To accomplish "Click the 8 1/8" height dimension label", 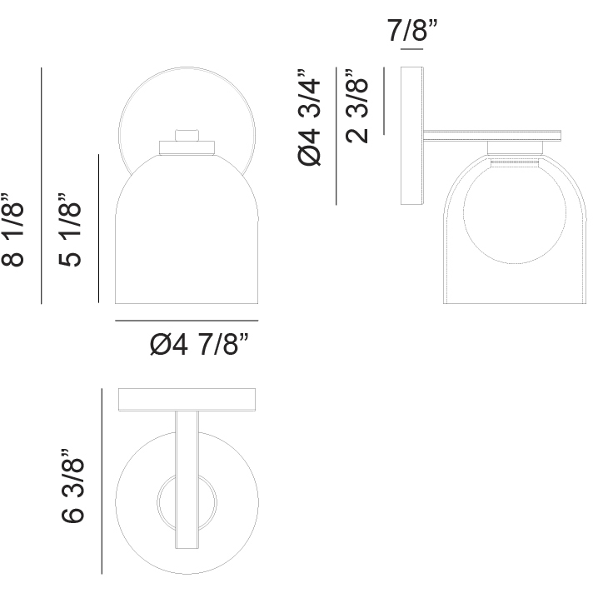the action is tap(12, 230).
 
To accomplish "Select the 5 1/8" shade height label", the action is tap(70, 229).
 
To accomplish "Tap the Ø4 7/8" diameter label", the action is tap(199, 344).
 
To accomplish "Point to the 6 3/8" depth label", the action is tap(72, 486).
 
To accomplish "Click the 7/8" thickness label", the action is tap(411, 30).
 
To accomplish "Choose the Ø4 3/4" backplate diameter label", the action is tap(309, 117).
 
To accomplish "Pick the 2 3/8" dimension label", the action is tap(356, 106).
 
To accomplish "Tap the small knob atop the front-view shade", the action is tap(187, 135).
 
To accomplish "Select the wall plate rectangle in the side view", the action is tap(411, 136).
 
